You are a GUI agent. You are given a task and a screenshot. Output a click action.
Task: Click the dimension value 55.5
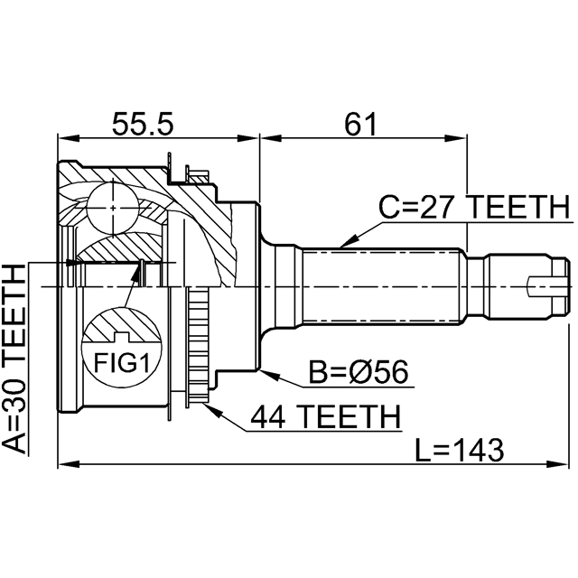pyautogui.click(x=141, y=122)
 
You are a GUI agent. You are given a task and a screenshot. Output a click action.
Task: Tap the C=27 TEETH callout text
pyautogui.click(x=473, y=208)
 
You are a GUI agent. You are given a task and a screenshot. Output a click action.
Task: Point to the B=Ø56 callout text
pyautogui.click(x=359, y=371)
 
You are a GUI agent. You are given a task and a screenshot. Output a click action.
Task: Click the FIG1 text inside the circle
pyautogui.click(x=120, y=364)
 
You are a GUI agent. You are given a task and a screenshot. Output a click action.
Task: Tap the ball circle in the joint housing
pyautogui.click(x=113, y=208)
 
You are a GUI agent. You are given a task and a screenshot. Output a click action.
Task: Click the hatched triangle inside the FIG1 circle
pyautogui.click(x=121, y=323)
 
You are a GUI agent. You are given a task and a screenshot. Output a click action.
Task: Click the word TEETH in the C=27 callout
pyautogui.click(x=521, y=208)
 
